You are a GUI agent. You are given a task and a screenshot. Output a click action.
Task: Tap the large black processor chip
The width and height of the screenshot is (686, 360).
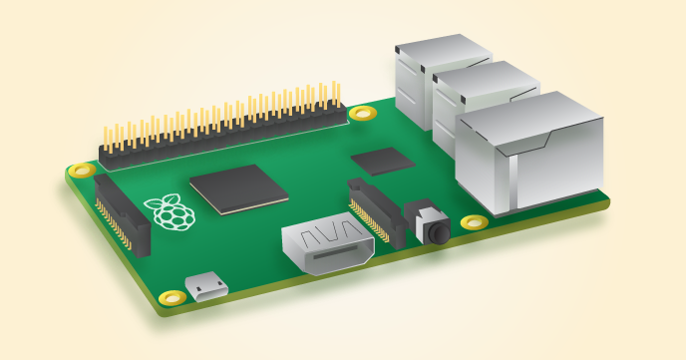coord(239,188)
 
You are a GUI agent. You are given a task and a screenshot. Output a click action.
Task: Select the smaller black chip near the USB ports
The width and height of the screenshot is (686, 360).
coord(383,160)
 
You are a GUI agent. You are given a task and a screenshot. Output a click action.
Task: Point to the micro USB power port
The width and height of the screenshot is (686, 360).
coord(208,288)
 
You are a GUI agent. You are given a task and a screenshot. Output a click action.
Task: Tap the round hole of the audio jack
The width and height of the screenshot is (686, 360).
coord(437,232)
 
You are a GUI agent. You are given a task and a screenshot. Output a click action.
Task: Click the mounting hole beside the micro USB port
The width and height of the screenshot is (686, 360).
coord(172,296)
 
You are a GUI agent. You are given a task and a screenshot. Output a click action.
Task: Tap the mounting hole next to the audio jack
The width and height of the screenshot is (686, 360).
coord(475,221)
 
